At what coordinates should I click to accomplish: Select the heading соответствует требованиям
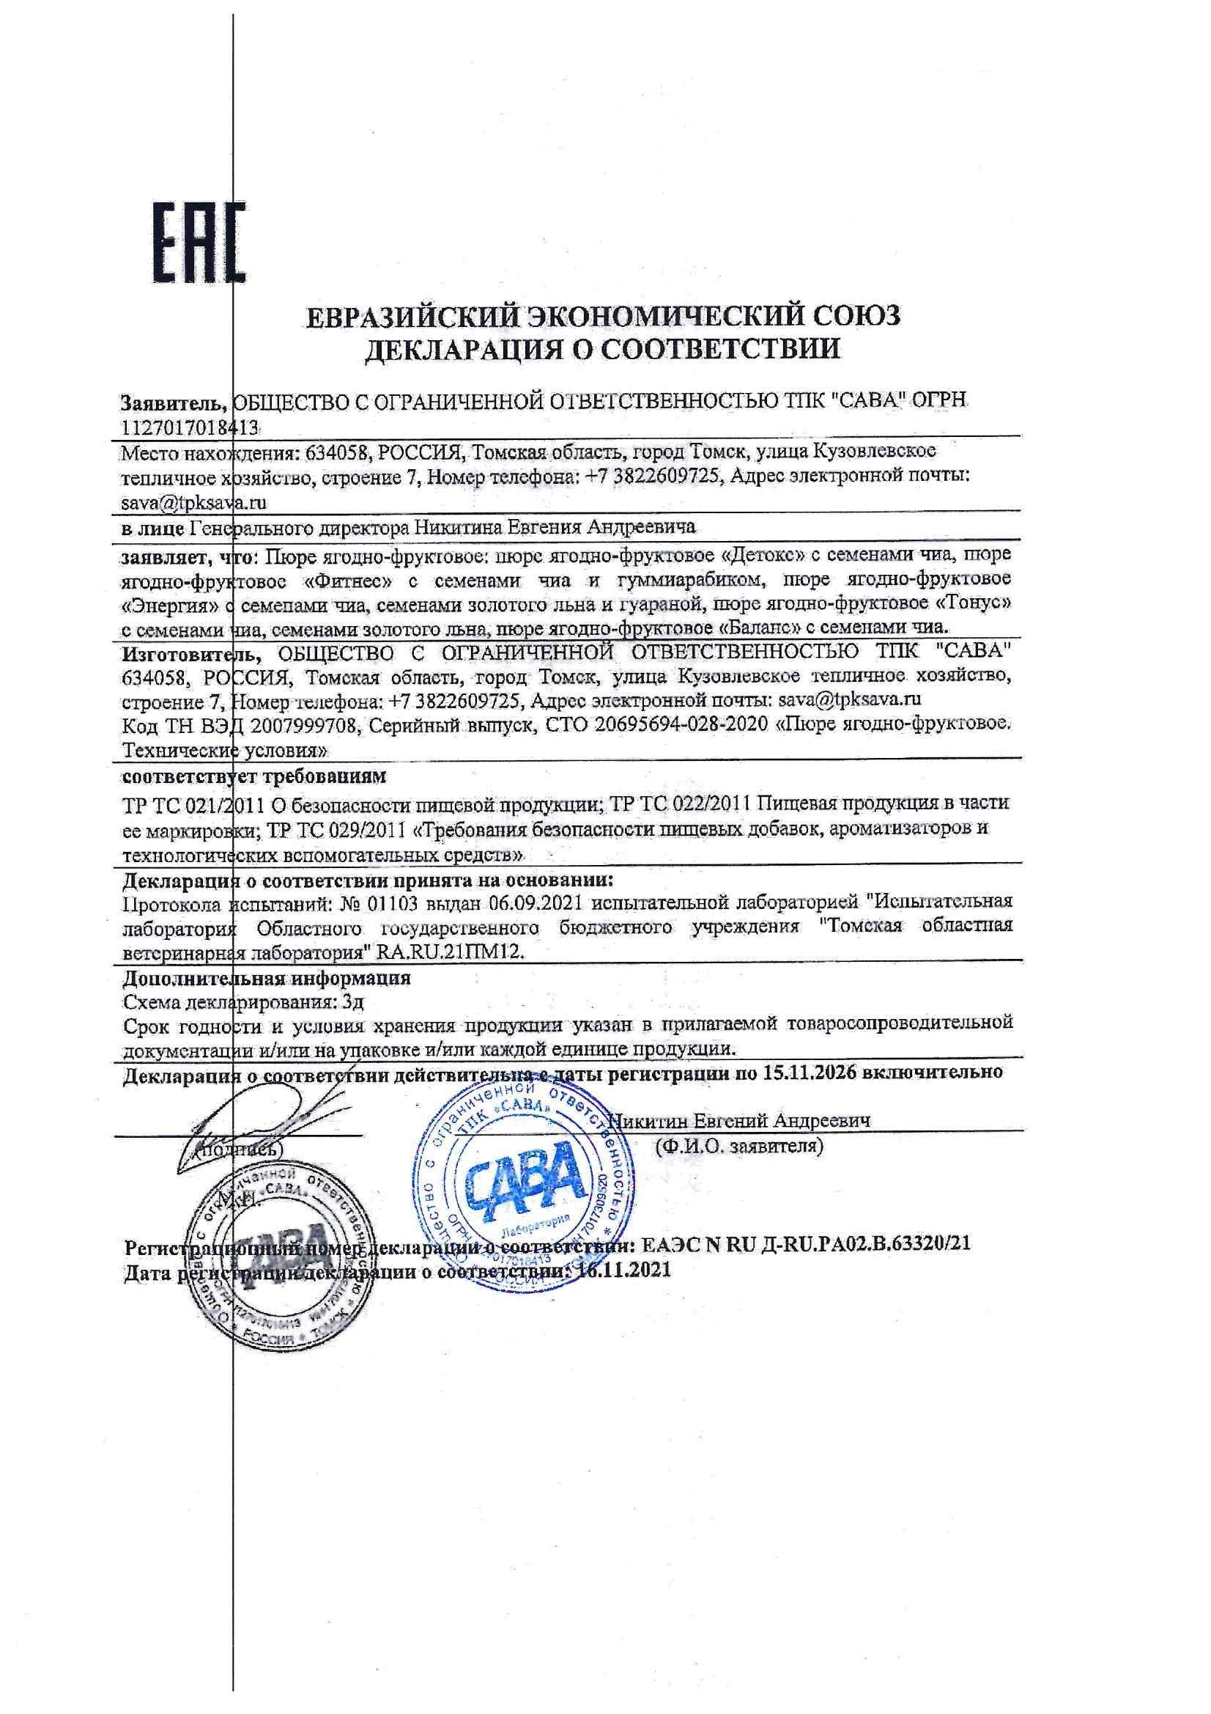click(x=254, y=776)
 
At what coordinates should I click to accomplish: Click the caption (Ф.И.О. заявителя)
click(x=738, y=1145)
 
